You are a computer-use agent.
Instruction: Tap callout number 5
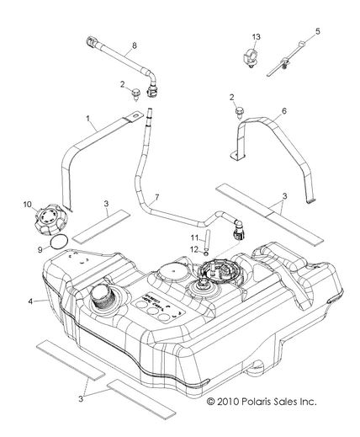point(318,32)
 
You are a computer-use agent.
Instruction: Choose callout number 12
point(193,248)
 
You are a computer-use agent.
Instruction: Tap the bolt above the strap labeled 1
point(136,97)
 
